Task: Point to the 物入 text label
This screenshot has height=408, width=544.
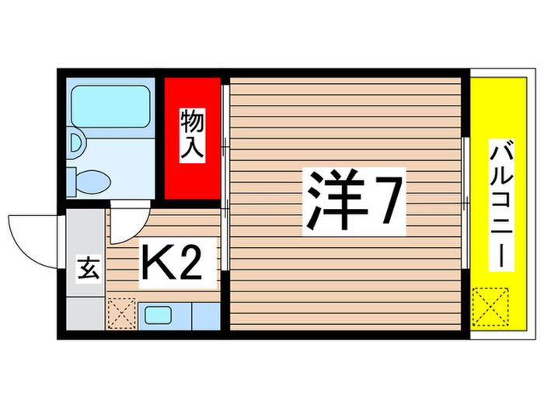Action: coord(192,136)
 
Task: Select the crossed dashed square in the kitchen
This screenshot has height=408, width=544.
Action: coord(121,315)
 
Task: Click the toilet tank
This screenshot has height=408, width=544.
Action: coord(71,180)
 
